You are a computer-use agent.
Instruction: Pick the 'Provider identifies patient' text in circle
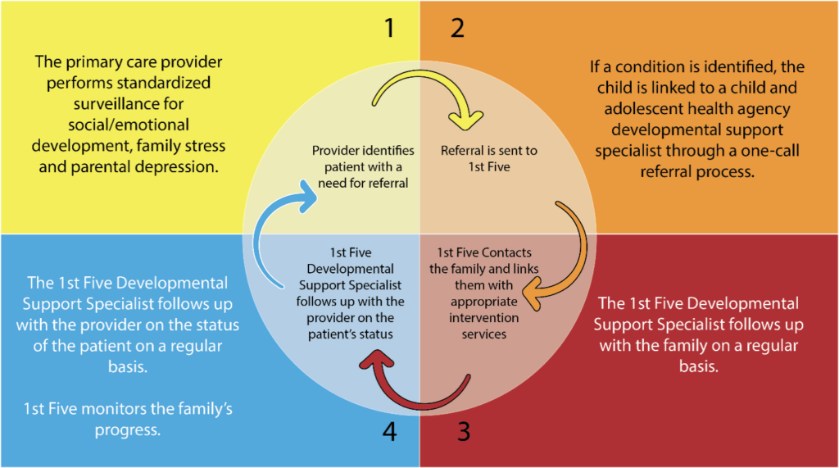[x=363, y=159]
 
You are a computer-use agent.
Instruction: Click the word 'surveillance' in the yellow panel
[x=129, y=104]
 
